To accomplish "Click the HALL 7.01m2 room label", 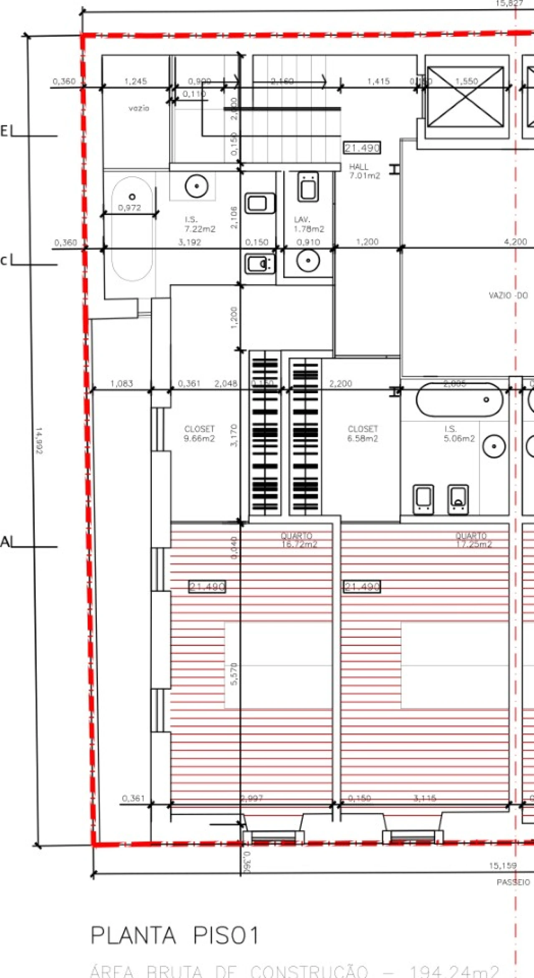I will click(x=364, y=171).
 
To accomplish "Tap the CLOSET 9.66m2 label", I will click(x=199, y=434).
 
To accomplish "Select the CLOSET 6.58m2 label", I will click(x=363, y=434).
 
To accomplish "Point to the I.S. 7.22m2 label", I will click(x=200, y=224).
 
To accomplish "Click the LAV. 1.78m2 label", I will click(x=309, y=224).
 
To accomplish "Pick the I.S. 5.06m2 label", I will click(x=459, y=434).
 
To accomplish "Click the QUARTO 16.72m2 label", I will click(x=299, y=540).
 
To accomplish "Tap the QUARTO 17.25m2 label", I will click(x=473, y=540).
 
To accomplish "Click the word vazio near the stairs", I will click(x=139, y=108).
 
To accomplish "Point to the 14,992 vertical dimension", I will click(x=38, y=440).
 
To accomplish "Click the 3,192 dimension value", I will click(x=190, y=242).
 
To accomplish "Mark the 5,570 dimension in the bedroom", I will click(x=234, y=674).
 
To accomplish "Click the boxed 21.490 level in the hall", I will click(x=362, y=148).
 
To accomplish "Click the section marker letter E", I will click(x=4, y=132).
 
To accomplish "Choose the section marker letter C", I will click(x=4, y=261).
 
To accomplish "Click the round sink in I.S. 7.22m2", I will click(x=196, y=186).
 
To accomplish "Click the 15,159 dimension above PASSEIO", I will click(x=503, y=866).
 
